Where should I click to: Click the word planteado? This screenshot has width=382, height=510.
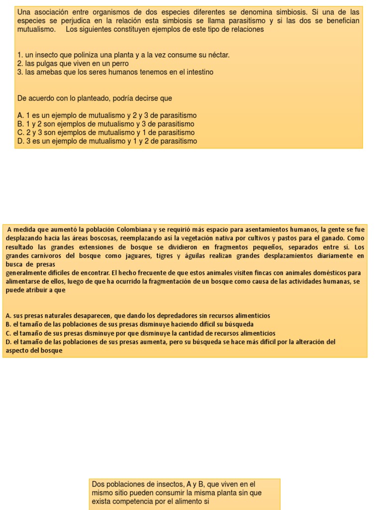[108, 98]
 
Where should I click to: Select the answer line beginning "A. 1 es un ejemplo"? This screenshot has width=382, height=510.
[107, 115]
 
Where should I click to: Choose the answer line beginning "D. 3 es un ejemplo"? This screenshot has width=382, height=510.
[107, 141]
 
